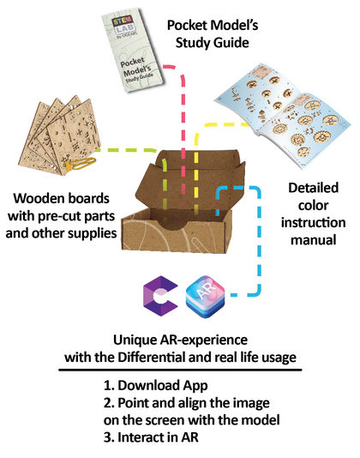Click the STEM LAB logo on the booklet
pyautogui.click(x=123, y=26)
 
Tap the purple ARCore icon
pyautogui.click(x=160, y=296)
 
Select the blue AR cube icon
pyautogui.click(x=205, y=297)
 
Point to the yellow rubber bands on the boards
pyautogui.click(x=81, y=164)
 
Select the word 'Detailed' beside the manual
pyautogui.click(x=313, y=188)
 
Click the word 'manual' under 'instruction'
pyautogui.click(x=313, y=240)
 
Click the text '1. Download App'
pyautogui.click(x=156, y=386)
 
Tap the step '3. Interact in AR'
pyautogui.click(x=151, y=437)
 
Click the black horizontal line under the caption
pyautogui.click(x=180, y=370)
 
